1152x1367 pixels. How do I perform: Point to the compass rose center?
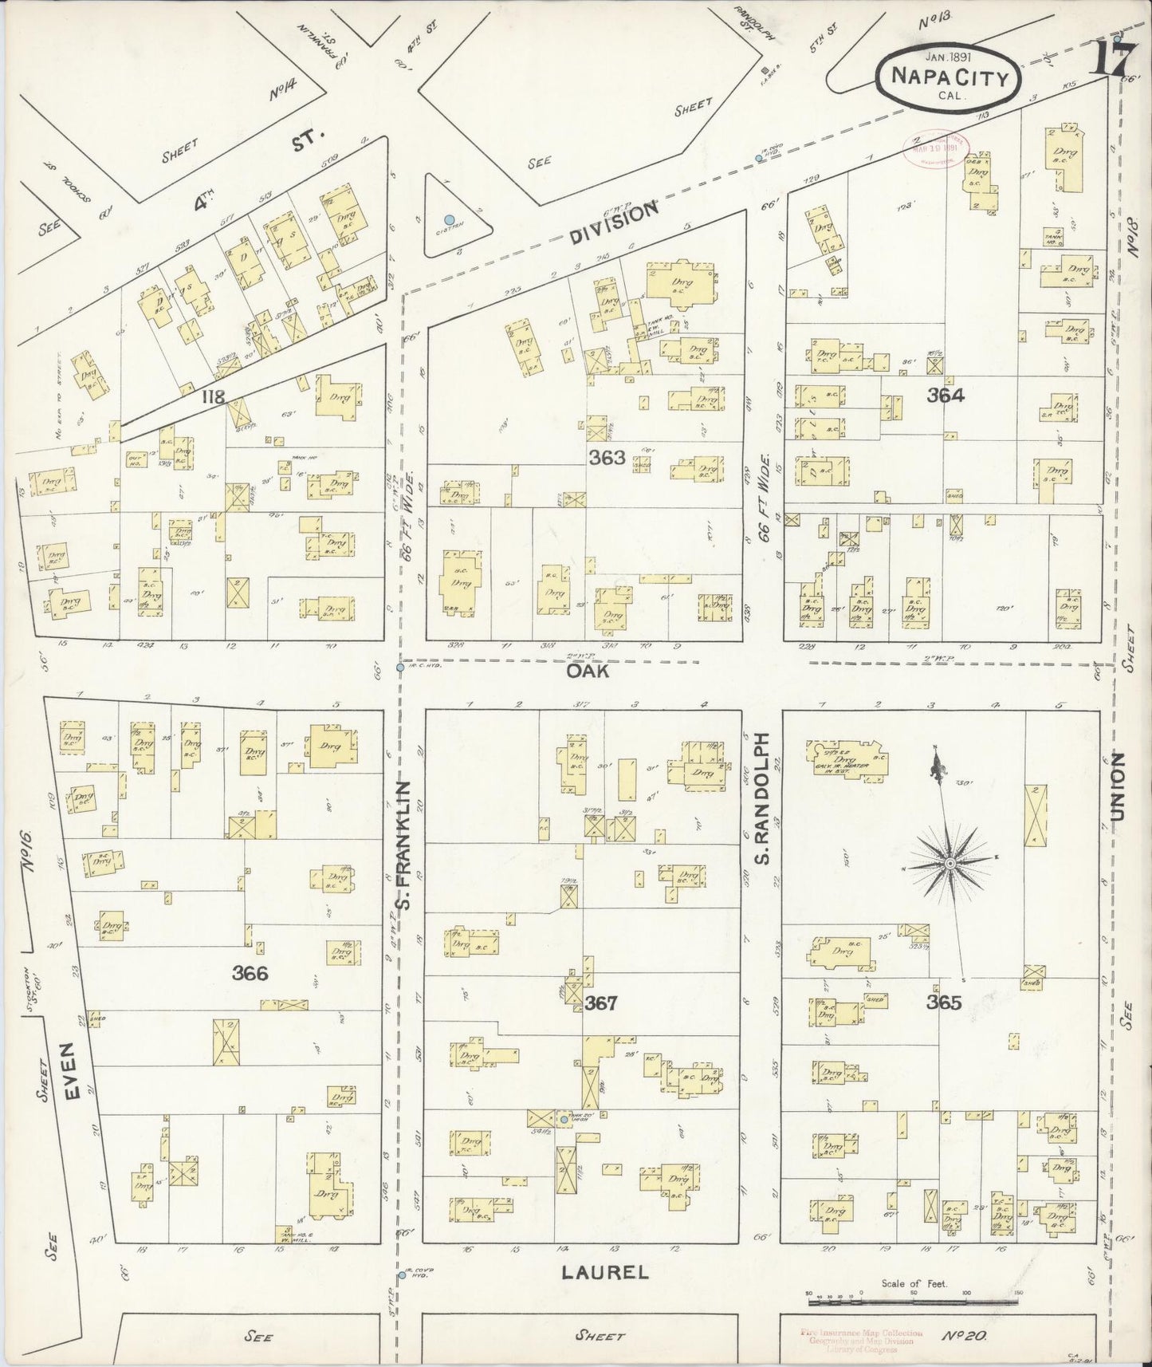[950, 865]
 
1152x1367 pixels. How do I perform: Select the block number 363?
[607, 458]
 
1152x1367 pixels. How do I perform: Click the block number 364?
[946, 395]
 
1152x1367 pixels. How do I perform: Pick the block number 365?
[944, 1003]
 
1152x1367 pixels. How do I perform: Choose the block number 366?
[250, 973]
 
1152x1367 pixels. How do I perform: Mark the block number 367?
[600, 1003]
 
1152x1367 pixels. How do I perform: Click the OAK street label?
[588, 672]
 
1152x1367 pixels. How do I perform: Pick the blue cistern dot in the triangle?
[450, 219]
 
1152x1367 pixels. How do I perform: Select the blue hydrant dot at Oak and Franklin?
[400, 667]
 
